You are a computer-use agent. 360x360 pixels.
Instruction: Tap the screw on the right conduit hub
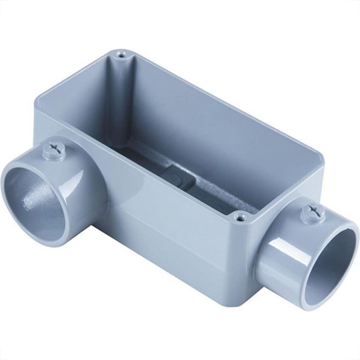(x=313, y=212)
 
